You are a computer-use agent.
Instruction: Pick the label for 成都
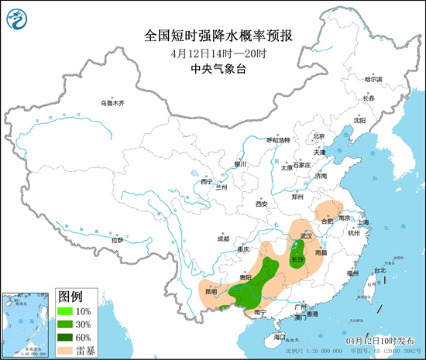pos(223,239)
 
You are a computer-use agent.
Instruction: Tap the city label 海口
pos(280,338)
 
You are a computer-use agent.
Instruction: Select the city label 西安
pos(261,204)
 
